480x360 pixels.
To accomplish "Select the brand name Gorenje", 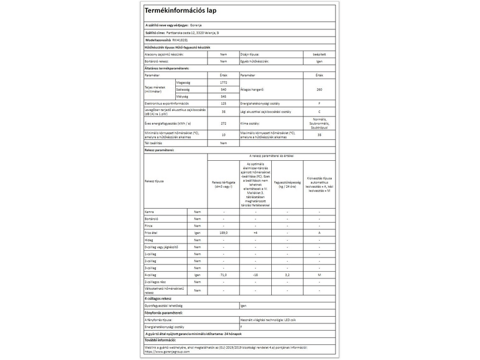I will pos(196,25).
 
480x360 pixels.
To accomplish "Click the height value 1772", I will pos(223,82).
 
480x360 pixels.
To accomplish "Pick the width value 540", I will pos(223,89).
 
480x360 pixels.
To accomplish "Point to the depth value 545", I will pos(223,96).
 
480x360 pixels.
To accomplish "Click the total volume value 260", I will pos(319,89).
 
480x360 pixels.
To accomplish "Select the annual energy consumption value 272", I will pos(223,123).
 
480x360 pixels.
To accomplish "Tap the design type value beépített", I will pos(319,54).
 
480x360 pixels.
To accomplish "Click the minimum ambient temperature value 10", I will pos(223,135).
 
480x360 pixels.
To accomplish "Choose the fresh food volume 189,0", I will pos(224,232).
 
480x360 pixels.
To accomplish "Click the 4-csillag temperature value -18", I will pos(256,274).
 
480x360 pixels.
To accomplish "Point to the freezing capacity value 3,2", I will pos(287,274).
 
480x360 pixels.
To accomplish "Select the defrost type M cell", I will pos(319,274).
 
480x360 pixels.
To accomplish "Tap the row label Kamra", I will pos(149,212).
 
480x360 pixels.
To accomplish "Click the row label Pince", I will pos(149,226).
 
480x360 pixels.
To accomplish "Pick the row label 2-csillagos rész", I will pos(157,281).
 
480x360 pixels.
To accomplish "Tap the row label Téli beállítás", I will pos(154,143).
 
